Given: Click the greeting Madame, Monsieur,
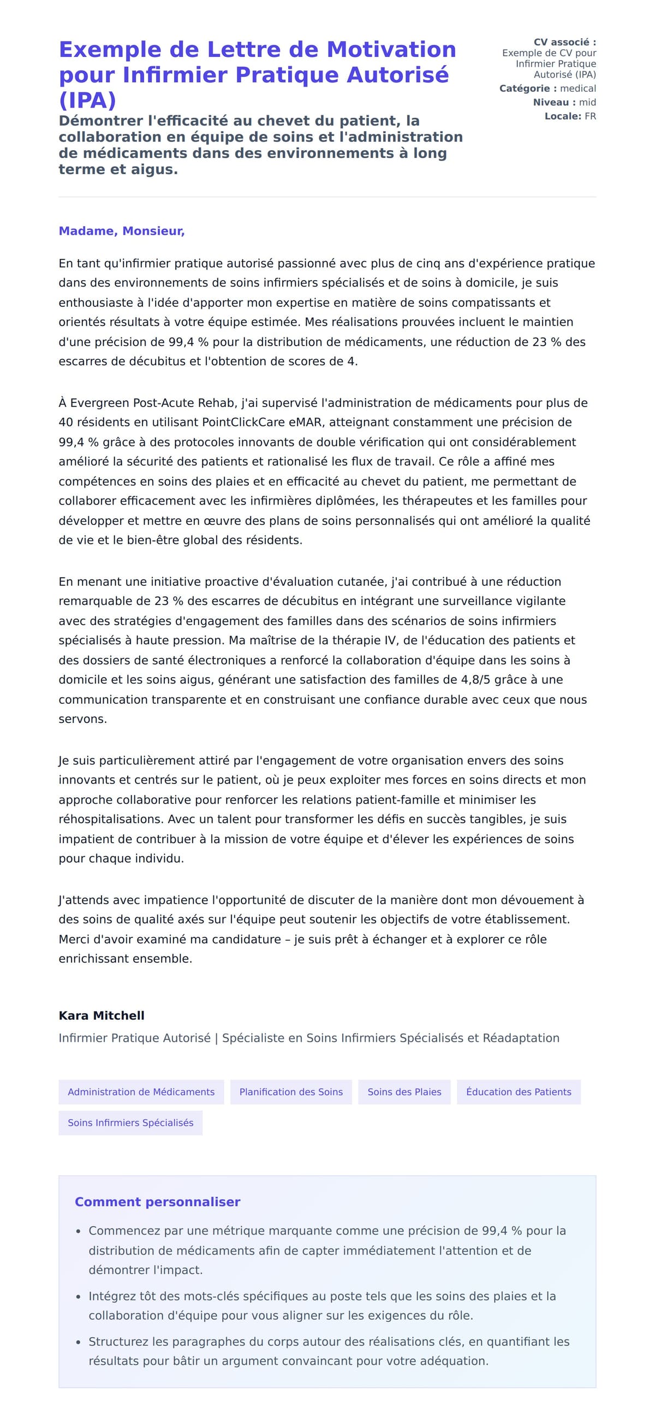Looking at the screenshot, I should pyautogui.click(x=121, y=231).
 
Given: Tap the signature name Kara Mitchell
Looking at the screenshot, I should pyautogui.click(x=101, y=1015).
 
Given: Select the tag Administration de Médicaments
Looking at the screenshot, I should pyautogui.click(x=141, y=1091).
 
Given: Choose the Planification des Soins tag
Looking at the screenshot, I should pyautogui.click(x=290, y=1091).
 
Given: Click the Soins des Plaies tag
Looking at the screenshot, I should pyautogui.click(x=404, y=1091).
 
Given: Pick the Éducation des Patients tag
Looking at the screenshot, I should pyautogui.click(x=519, y=1091).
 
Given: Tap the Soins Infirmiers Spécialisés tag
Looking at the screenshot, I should pyautogui.click(x=130, y=1123).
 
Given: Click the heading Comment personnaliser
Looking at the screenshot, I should pyautogui.click(x=157, y=1202).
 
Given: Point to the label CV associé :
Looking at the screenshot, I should pyautogui.click(x=564, y=42).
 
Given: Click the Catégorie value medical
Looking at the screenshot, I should pyautogui.click(x=577, y=88).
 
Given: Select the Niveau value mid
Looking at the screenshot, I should pyautogui.click(x=587, y=102).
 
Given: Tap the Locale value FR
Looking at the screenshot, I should pyautogui.click(x=589, y=116).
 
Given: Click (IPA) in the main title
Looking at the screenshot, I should pyautogui.click(x=87, y=100).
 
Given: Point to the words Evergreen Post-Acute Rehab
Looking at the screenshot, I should pyautogui.click(x=153, y=403).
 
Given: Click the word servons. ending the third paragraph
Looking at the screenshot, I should pyautogui.click(x=83, y=719).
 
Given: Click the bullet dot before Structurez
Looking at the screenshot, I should pyautogui.click(x=79, y=1342).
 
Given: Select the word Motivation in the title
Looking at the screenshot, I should pyautogui.click(x=391, y=49).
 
